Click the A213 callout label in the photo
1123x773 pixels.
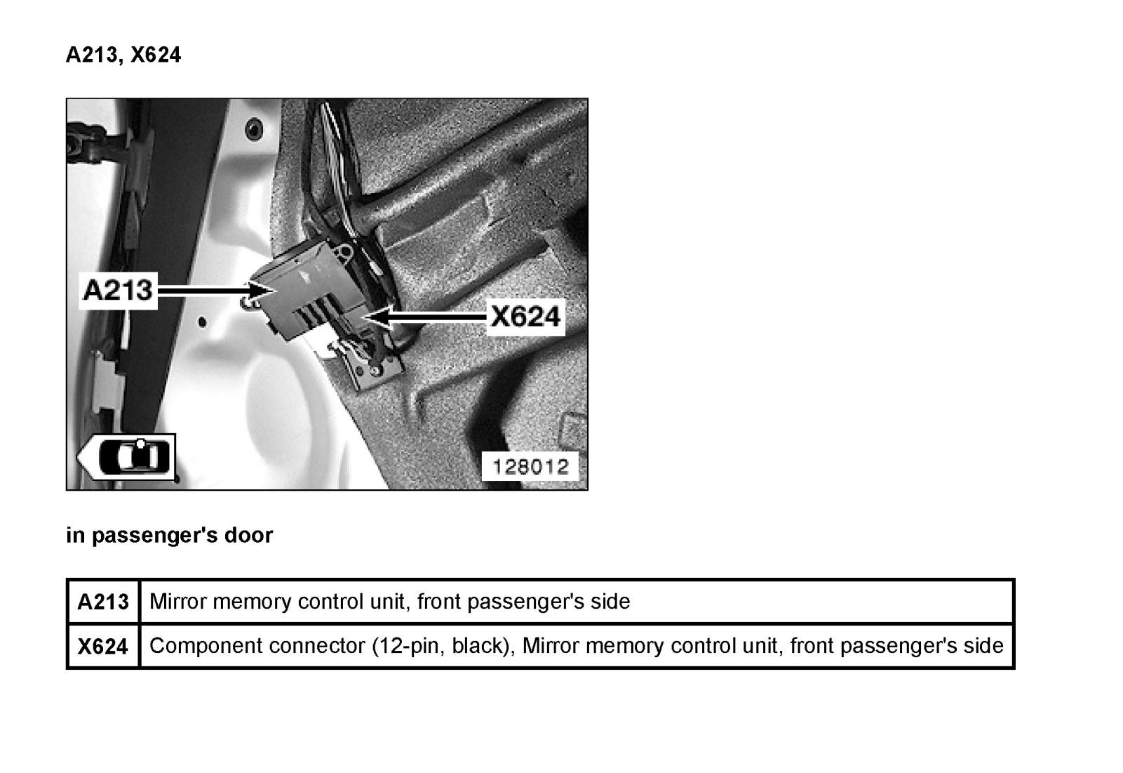pos(118,289)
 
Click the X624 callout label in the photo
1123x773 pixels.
pos(525,317)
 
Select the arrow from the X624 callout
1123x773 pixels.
pos(428,317)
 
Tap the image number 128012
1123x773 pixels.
pos(530,466)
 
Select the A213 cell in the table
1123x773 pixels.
pos(104,602)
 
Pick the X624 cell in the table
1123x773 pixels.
pos(103,646)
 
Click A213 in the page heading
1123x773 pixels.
pos(92,55)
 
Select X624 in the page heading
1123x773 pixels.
pos(156,55)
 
